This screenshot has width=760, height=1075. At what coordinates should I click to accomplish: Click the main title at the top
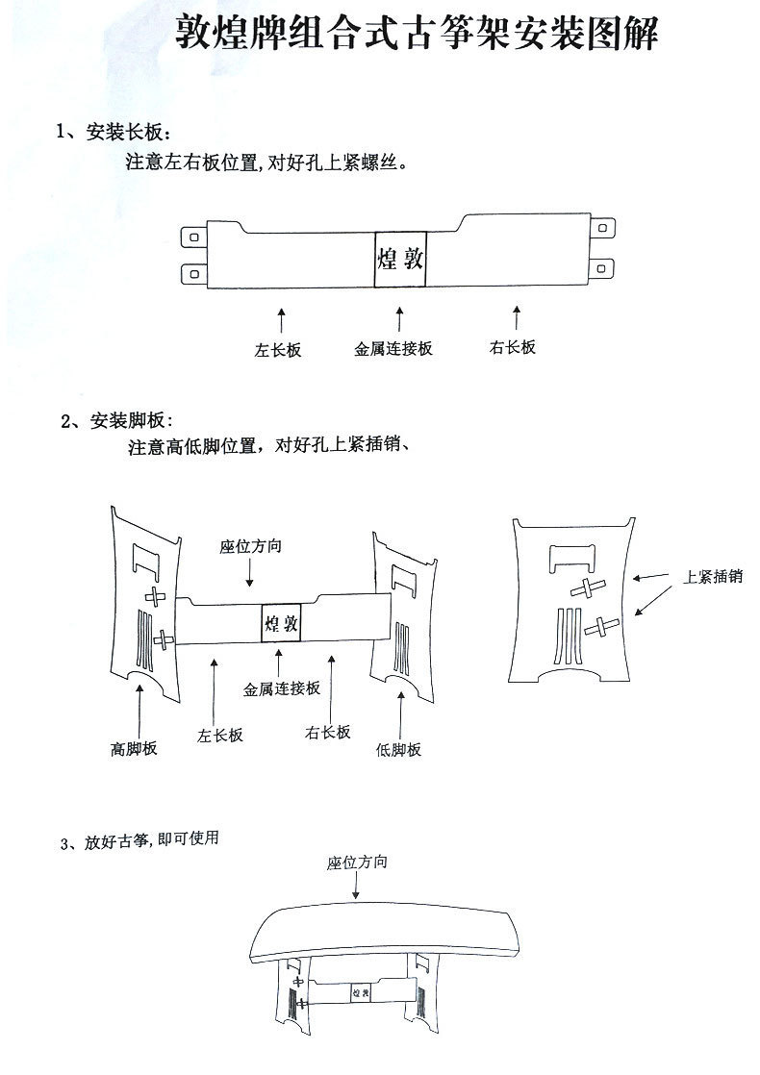click(418, 36)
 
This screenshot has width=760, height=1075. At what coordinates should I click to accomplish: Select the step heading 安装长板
click(114, 132)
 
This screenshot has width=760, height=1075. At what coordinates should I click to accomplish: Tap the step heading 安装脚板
click(116, 420)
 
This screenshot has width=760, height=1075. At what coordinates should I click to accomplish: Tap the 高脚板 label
click(134, 748)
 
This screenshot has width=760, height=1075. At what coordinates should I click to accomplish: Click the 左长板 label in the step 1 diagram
click(278, 350)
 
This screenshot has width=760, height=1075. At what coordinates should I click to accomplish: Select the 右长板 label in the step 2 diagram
click(327, 732)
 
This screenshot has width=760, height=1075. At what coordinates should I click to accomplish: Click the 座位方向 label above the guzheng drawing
click(357, 863)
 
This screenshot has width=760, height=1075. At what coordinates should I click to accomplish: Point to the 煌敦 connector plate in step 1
click(399, 259)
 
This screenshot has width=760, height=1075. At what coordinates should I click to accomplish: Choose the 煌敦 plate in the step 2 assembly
click(280, 623)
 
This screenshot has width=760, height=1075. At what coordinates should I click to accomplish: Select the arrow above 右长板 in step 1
click(517, 317)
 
